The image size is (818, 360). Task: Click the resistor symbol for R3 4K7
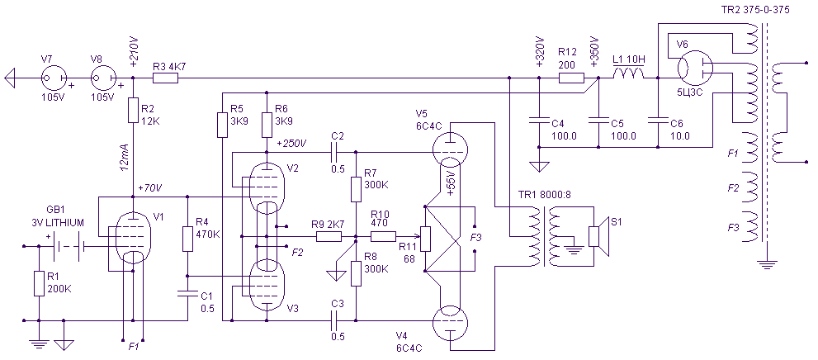coord(165,78)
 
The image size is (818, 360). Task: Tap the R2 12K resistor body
coord(133,110)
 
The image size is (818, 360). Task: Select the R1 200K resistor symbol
coord(39,284)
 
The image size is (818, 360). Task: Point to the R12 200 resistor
coord(571,78)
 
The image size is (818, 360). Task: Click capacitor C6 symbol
coord(658,121)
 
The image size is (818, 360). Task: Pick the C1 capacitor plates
coord(187,294)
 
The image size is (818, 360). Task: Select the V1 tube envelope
coord(133,238)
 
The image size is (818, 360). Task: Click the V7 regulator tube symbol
coord(54,78)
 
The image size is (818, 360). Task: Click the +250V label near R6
coord(291,143)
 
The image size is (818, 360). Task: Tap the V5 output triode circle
coord(450,149)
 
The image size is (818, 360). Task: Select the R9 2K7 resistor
coord(329,237)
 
